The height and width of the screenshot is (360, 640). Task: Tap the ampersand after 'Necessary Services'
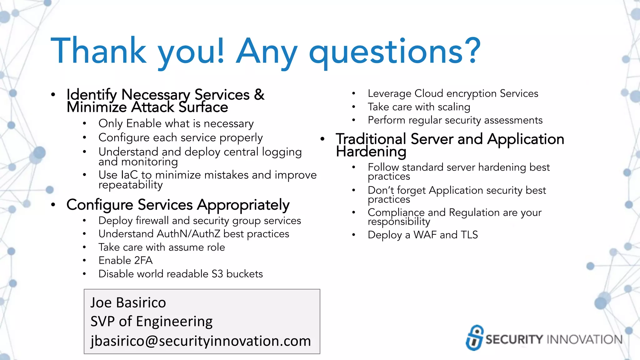click(x=259, y=94)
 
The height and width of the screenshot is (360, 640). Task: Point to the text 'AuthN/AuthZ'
click(x=188, y=234)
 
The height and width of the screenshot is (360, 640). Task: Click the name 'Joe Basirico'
click(x=128, y=302)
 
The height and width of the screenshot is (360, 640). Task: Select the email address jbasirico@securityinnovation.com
click(x=201, y=341)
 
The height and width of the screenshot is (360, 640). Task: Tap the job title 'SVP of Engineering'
click(x=152, y=321)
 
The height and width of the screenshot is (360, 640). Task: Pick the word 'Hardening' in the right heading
click(x=371, y=152)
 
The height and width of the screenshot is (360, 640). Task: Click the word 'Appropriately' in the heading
click(x=243, y=205)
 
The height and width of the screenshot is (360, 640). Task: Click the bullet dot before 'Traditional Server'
click(x=322, y=139)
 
